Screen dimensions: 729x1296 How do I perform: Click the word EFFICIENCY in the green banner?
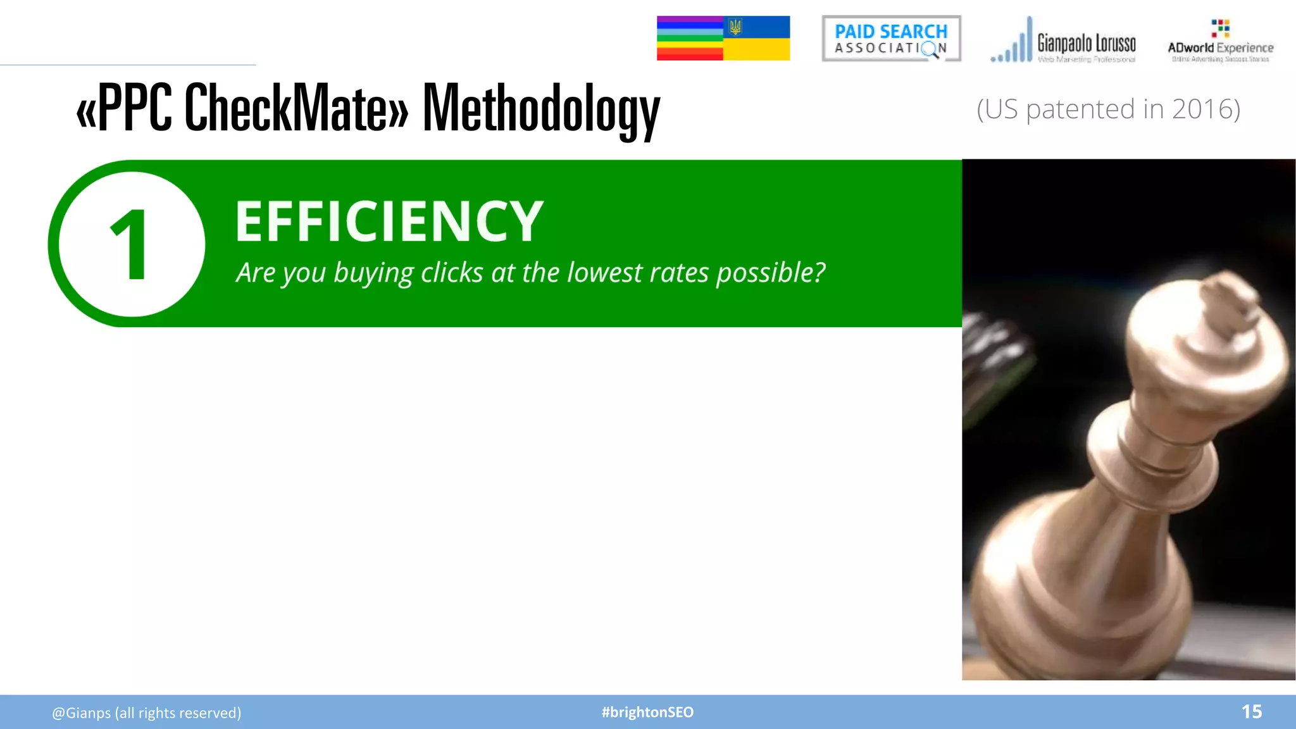point(389,221)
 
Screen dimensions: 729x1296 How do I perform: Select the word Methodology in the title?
point(541,109)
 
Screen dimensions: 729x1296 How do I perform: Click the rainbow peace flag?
point(690,39)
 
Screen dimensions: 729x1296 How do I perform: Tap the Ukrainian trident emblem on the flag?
point(735,27)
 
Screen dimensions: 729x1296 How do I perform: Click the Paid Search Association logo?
point(891,39)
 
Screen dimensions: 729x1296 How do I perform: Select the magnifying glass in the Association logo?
point(930,49)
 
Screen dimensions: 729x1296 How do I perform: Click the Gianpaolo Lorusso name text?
point(1086,43)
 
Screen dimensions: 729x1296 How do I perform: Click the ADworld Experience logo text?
point(1220,48)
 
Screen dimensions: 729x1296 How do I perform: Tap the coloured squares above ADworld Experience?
point(1220,28)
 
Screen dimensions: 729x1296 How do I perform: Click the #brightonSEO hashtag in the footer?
point(647,712)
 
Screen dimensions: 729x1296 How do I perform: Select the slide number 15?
point(1251,712)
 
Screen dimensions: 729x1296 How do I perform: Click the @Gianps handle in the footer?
point(81,713)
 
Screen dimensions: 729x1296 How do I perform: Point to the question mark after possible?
point(819,272)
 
